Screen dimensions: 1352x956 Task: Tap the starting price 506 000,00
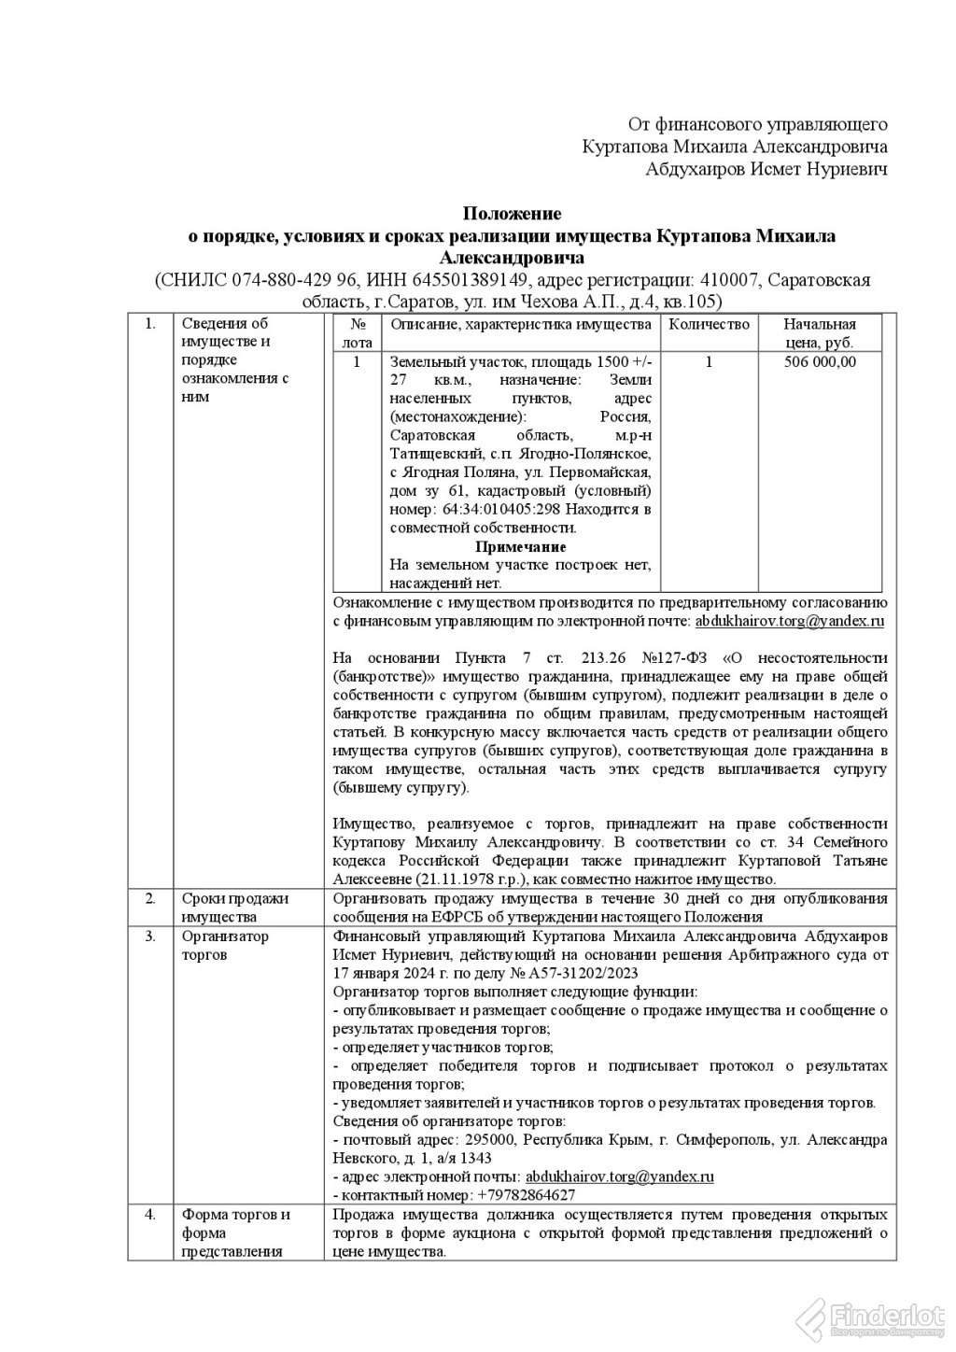click(820, 362)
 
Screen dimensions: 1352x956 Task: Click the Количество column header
click(710, 325)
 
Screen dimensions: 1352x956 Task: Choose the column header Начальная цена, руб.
click(820, 333)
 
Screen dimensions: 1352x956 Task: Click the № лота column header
click(357, 333)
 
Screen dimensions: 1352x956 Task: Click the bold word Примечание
click(520, 546)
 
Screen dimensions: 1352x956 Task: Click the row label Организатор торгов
click(224, 945)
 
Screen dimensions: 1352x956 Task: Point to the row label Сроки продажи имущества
click(235, 907)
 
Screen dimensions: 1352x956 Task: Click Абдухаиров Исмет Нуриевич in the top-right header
click(766, 169)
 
